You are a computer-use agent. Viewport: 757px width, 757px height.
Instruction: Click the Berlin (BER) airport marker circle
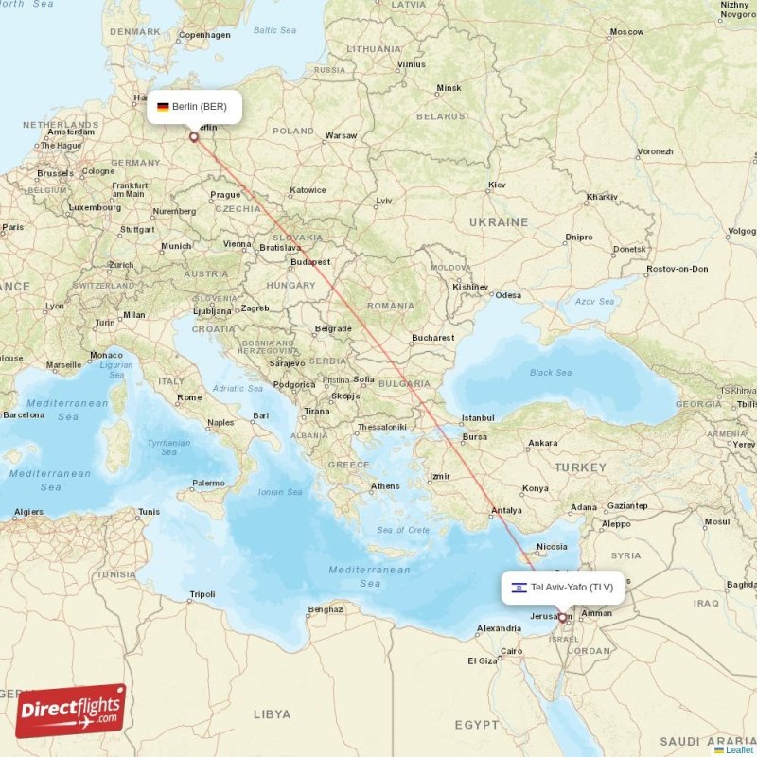tap(194, 137)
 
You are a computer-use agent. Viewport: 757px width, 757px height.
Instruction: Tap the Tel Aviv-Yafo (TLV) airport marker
tap(563, 619)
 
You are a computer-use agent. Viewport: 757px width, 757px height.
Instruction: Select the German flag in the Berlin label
tap(163, 107)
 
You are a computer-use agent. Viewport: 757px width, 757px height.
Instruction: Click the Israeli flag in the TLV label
tap(519, 588)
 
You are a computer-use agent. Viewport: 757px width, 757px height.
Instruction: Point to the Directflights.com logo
tap(71, 711)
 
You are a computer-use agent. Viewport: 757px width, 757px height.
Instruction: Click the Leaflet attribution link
tap(739, 749)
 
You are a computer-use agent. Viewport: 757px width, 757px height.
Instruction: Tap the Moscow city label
tap(626, 32)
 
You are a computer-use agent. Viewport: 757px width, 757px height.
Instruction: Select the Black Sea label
tap(551, 372)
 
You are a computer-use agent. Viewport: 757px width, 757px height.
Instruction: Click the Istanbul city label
tap(478, 417)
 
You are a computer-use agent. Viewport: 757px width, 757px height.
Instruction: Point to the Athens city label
tap(385, 486)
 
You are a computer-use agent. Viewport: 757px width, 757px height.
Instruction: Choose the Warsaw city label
tap(341, 135)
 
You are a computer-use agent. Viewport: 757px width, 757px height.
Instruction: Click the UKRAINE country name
tap(500, 221)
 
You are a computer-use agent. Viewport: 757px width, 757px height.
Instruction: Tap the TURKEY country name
tap(580, 467)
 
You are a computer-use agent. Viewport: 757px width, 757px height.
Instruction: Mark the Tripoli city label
tap(202, 594)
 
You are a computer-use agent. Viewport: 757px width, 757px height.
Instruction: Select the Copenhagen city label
tap(205, 35)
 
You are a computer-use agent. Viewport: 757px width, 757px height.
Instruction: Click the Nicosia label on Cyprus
tap(552, 546)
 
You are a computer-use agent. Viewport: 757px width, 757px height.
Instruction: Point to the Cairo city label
tap(512, 651)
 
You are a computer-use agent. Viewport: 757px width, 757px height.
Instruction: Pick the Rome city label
tap(189, 397)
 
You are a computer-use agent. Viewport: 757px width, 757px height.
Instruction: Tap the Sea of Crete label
tap(403, 529)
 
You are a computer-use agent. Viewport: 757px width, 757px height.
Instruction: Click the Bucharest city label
tap(433, 337)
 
